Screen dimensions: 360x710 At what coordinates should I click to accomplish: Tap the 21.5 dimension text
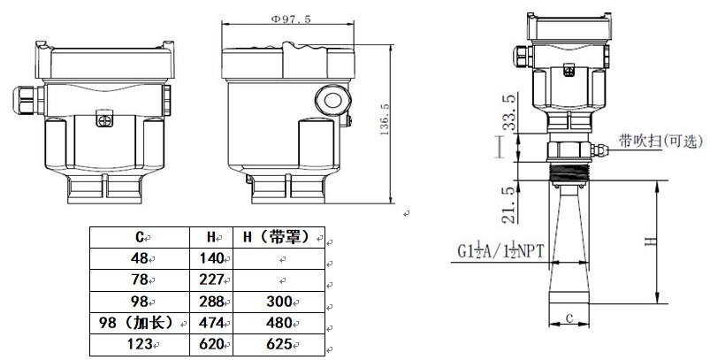(507, 203)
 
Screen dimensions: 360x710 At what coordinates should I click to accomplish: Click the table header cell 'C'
(141, 237)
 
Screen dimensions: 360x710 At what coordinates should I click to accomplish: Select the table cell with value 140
(212, 258)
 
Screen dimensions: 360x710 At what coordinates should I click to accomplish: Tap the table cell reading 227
(212, 280)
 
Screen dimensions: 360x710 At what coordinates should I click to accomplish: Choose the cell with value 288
(212, 301)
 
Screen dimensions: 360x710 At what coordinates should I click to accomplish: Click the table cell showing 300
(279, 301)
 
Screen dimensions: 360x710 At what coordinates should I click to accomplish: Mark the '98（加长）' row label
(139, 322)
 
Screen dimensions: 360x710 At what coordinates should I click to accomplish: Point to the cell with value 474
(212, 322)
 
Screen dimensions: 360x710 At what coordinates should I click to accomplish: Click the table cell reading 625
(279, 343)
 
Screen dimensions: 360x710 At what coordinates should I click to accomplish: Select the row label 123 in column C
(139, 343)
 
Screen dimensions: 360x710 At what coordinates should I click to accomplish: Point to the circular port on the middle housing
(332, 99)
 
